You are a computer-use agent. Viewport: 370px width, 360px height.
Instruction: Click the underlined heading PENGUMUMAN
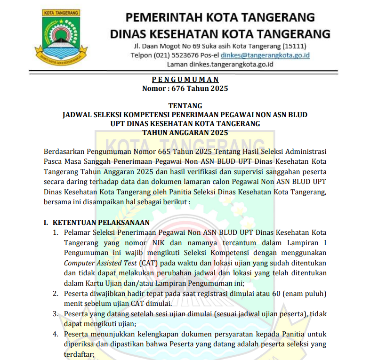point(185,80)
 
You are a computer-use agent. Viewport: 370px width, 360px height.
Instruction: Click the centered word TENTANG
point(185,105)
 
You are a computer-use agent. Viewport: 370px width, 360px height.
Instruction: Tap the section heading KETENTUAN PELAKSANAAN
point(101,222)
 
